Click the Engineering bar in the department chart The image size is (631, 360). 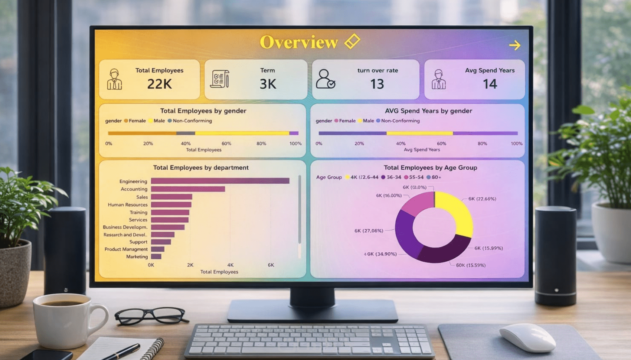(220, 181)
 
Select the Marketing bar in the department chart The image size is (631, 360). (156, 256)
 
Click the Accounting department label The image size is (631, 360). (134, 189)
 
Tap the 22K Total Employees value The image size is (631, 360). (159, 84)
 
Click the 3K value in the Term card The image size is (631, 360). (268, 84)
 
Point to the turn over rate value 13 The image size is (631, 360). (377, 84)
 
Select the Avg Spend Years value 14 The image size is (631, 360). (490, 84)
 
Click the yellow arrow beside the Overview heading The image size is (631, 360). (515, 45)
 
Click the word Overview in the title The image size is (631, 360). (299, 42)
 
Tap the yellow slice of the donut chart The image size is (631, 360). (457, 212)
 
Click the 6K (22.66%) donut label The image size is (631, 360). (482, 199)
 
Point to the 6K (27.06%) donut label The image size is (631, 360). (369, 231)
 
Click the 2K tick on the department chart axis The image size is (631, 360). (190, 265)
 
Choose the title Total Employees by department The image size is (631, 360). (201, 168)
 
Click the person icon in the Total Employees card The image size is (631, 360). (114, 79)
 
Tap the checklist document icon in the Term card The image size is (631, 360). (220, 79)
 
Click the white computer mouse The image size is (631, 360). (527, 337)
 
